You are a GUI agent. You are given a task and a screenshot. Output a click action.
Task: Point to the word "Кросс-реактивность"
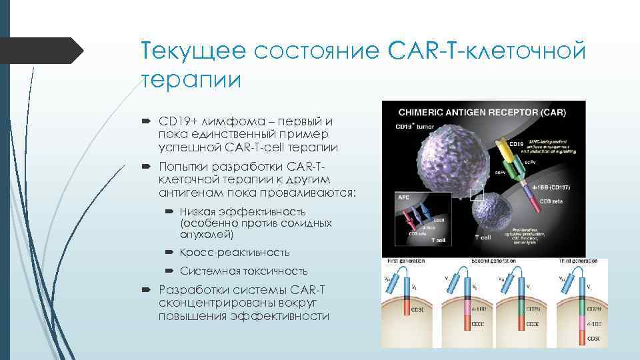pos(235,253)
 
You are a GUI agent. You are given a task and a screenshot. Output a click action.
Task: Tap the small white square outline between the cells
pos(477,195)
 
